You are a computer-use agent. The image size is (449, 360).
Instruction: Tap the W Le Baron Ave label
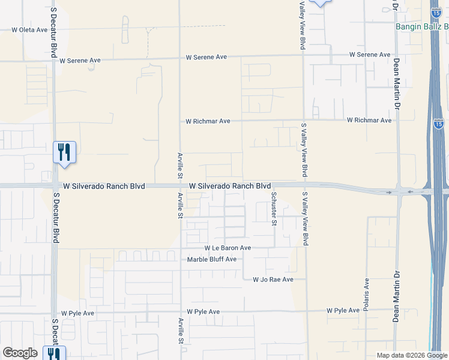click(228, 248)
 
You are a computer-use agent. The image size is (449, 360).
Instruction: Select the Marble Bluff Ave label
click(212, 259)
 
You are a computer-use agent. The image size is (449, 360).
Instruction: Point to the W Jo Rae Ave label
click(273, 280)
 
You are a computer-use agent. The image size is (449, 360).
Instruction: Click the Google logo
click(20, 353)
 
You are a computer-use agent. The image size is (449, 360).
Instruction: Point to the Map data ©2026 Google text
click(412, 355)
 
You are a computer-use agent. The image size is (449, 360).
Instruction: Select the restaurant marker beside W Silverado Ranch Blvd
click(64, 152)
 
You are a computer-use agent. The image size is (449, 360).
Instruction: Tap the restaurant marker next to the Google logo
click(54, 354)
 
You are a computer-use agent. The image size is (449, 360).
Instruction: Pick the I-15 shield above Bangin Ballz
click(437, 11)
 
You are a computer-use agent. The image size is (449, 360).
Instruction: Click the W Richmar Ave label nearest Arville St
click(208, 121)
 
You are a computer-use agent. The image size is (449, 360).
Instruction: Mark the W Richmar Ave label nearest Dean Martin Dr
click(369, 121)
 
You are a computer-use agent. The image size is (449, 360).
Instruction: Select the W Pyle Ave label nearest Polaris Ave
click(343, 311)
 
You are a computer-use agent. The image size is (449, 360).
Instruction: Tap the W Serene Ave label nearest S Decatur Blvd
click(80, 61)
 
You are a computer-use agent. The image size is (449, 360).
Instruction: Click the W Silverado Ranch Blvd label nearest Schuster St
click(230, 186)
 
